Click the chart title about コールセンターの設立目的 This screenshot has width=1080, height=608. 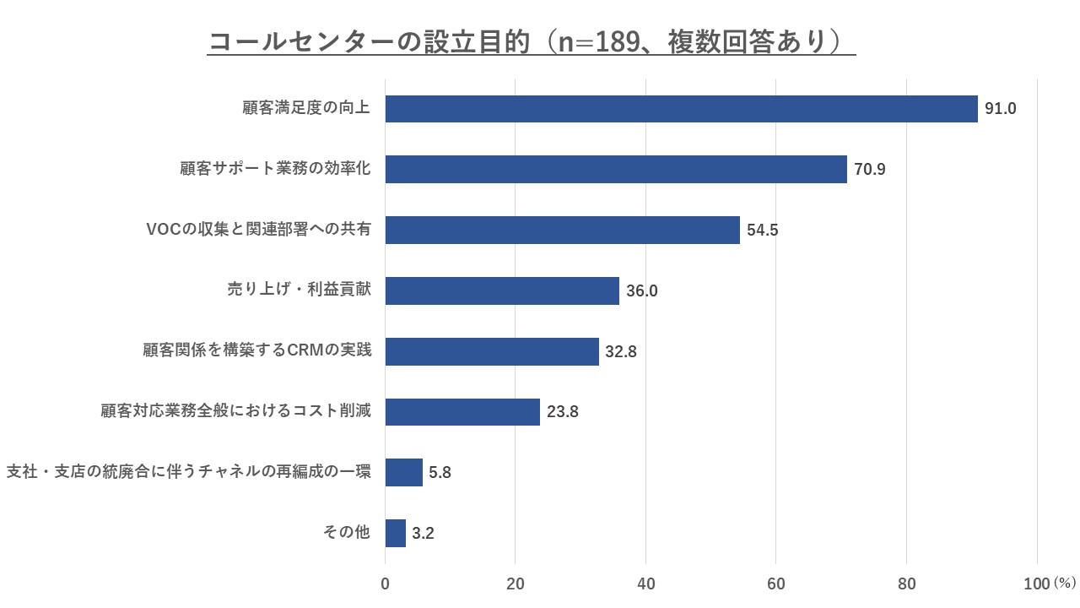[x=531, y=41]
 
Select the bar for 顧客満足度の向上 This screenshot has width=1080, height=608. [x=681, y=109]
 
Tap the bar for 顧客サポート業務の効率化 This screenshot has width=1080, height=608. [x=616, y=169]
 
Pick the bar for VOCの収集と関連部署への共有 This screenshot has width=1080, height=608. [x=562, y=230]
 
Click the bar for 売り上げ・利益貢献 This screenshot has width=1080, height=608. [x=502, y=290]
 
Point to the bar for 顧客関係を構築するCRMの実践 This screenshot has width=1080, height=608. [x=492, y=351]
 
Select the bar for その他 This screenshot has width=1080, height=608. [x=396, y=533]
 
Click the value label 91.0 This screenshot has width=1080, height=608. [x=1001, y=109]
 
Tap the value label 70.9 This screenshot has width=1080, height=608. [x=869, y=170]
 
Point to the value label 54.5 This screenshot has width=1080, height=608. [x=763, y=231]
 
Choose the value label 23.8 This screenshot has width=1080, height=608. [x=562, y=412]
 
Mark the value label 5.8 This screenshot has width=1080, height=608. [x=440, y=473]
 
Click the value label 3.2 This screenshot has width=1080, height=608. [x=423, y=534]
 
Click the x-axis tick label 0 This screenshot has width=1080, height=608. [x=386, y=584]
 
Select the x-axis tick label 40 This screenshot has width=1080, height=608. [x=645, y=584]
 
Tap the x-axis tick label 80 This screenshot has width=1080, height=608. [x=906, y=584]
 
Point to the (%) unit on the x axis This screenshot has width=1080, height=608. [x=1065, y=584]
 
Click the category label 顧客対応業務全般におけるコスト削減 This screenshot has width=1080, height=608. [x=235, y=412]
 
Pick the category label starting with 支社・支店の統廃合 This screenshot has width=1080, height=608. [x=188, y=472]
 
